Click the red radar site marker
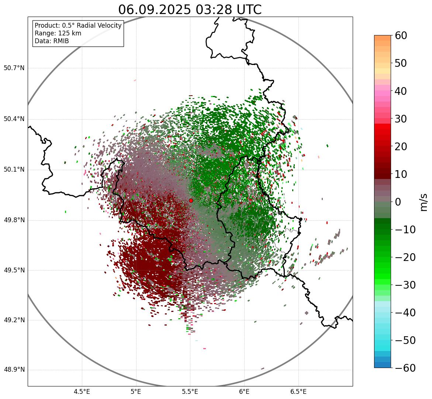[191, 200]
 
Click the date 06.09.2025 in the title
[154, 10]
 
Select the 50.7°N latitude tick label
[14, 68]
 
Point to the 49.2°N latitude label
[14, 320]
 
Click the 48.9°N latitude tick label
[14, 370]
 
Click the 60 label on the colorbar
[401, 35]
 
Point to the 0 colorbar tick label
[398, 202]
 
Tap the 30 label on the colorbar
[401, 119]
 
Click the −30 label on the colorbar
[405, 285]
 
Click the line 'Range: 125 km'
[58, 33]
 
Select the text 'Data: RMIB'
[52, 41]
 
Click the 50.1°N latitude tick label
[14, 170]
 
